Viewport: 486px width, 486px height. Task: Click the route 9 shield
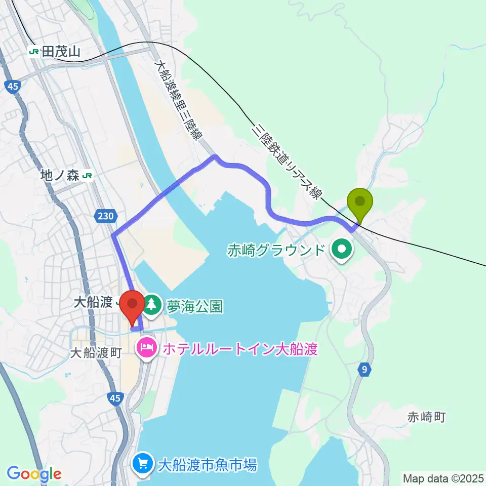pyautogui.click(x=364, y=370)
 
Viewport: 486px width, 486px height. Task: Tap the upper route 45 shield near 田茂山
pyautogui.click(x=13, y=87)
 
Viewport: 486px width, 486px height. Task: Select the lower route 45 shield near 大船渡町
pyautogui.click(x=115, y=399)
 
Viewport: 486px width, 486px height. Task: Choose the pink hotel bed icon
pyautogui.click(x=146, y=348)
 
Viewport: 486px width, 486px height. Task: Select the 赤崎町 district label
pyautogui.click(x=426, y=417)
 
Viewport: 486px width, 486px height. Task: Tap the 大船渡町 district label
pyautogui.click(x=96, y=353)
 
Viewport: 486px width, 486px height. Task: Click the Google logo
pyautogui.click(x=34, y=474)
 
